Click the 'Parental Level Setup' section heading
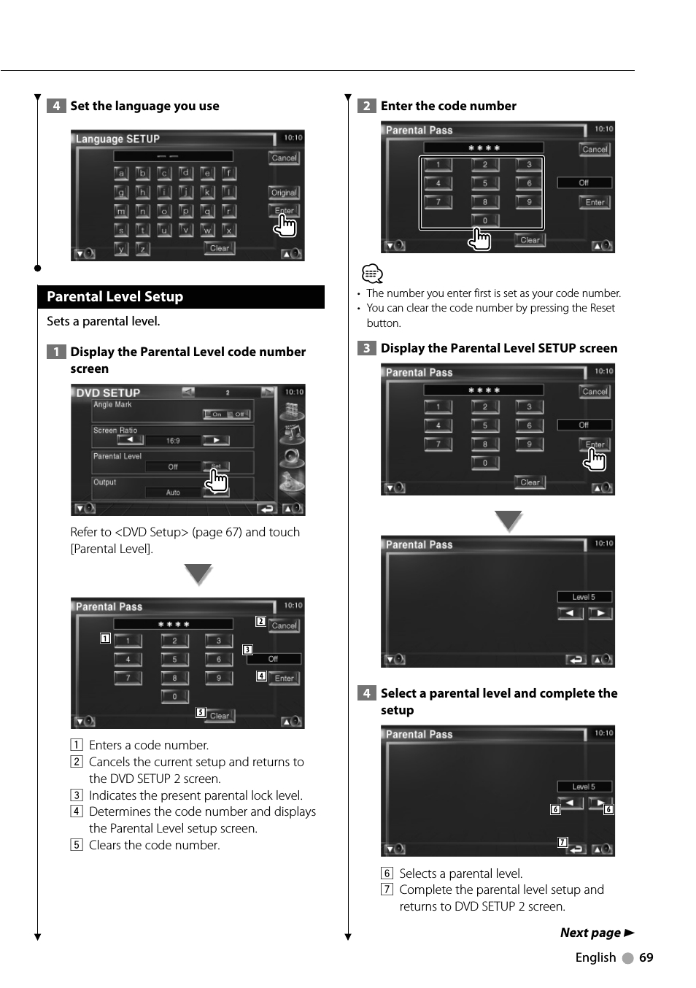[x=115, y=297]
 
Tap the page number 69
[x=646, y=957]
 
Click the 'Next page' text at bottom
[x=590, y=933]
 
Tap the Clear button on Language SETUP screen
[x=219, y=248]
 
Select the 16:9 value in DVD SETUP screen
[x=173, y=441]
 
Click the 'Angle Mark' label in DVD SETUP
[x=113, y=404]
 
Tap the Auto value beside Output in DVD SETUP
[x=173, y=493]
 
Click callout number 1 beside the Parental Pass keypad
[x=105, y=638]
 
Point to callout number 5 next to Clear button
[x=200, y=713]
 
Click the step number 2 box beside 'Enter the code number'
[x=366, y=106]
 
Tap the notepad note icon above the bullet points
[x=372, y=274]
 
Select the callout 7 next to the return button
[x=562, y=842]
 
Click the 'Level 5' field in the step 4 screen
[x=584, y=787]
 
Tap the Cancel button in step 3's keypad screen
[x=595, y=391]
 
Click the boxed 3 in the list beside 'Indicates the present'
[x=76, y=795]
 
